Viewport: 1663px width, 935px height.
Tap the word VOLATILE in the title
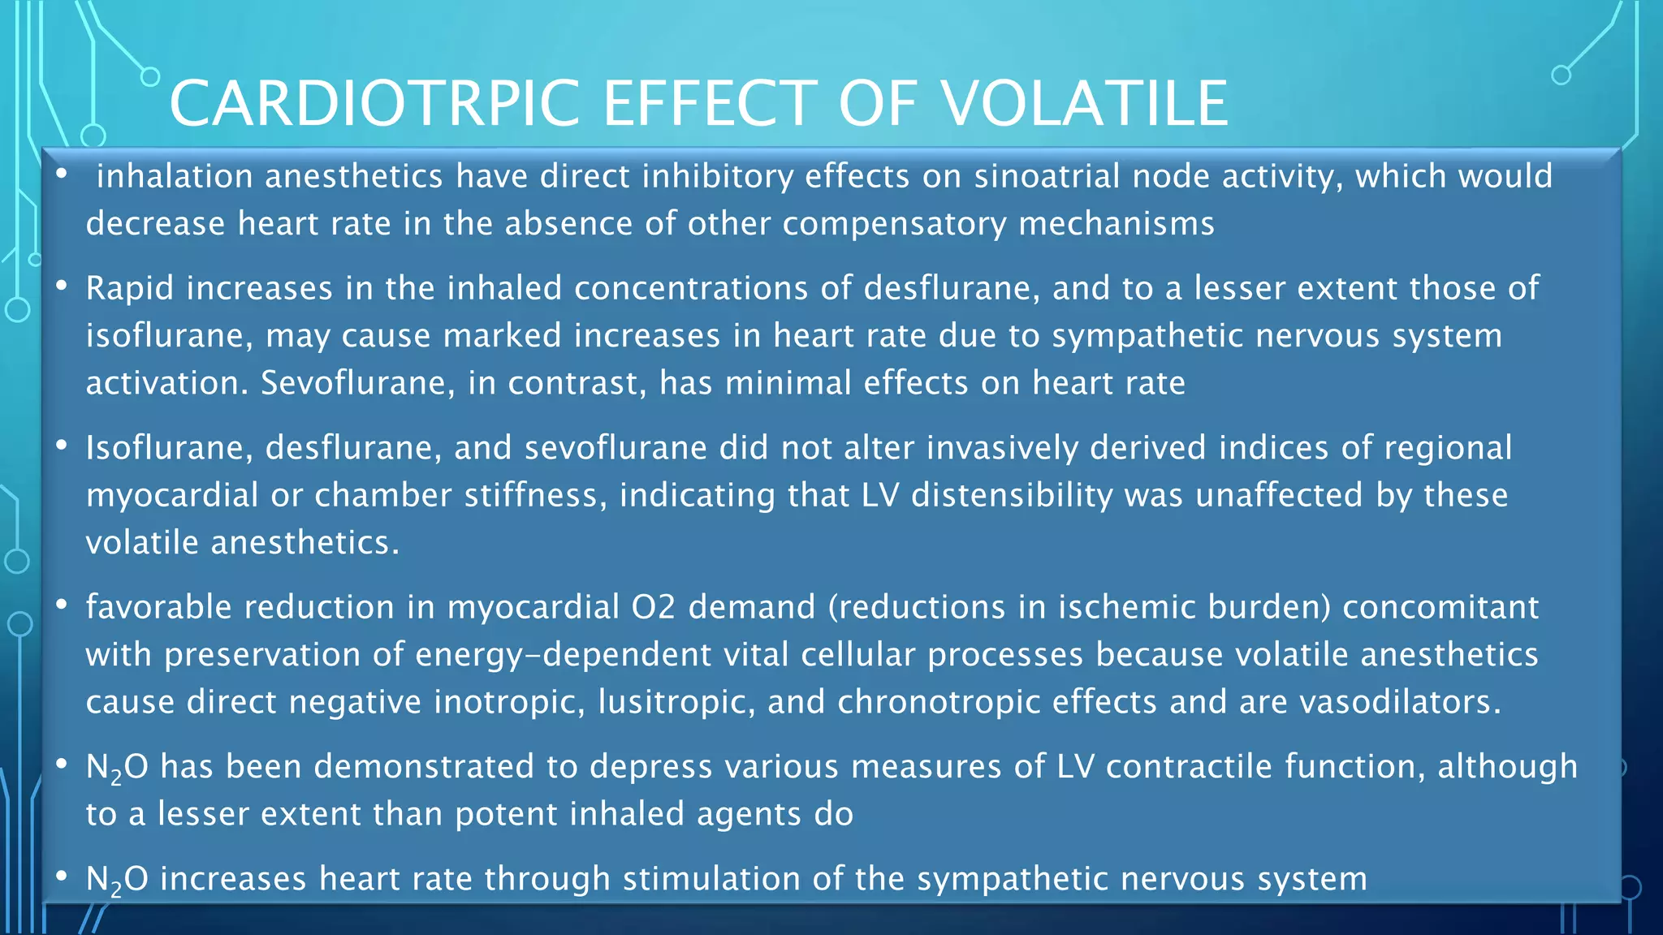click(1084, 103)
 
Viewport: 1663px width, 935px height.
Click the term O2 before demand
click(654, 607)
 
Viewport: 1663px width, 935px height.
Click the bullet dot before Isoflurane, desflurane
click(62, 445)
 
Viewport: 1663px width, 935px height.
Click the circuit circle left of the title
click(150, 77)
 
